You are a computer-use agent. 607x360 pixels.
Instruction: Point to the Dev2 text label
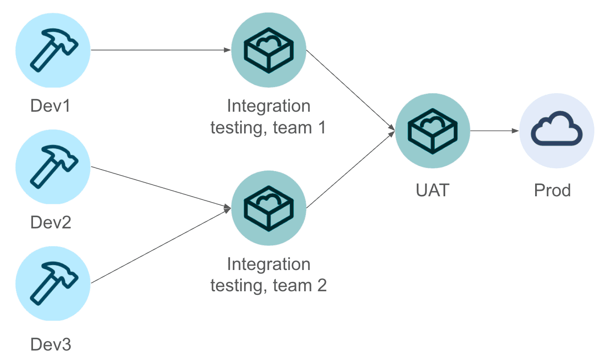click(51, 223)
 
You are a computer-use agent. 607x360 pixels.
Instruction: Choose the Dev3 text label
click(51, 345)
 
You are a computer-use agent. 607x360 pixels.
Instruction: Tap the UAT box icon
click(433, 131)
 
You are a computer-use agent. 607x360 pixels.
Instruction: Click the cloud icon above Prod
click(556, 131)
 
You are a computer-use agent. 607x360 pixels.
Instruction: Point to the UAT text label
click(433, 190)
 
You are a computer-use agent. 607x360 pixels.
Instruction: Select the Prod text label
click(552, 190)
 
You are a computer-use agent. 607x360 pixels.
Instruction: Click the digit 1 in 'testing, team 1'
click(320, 128)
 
